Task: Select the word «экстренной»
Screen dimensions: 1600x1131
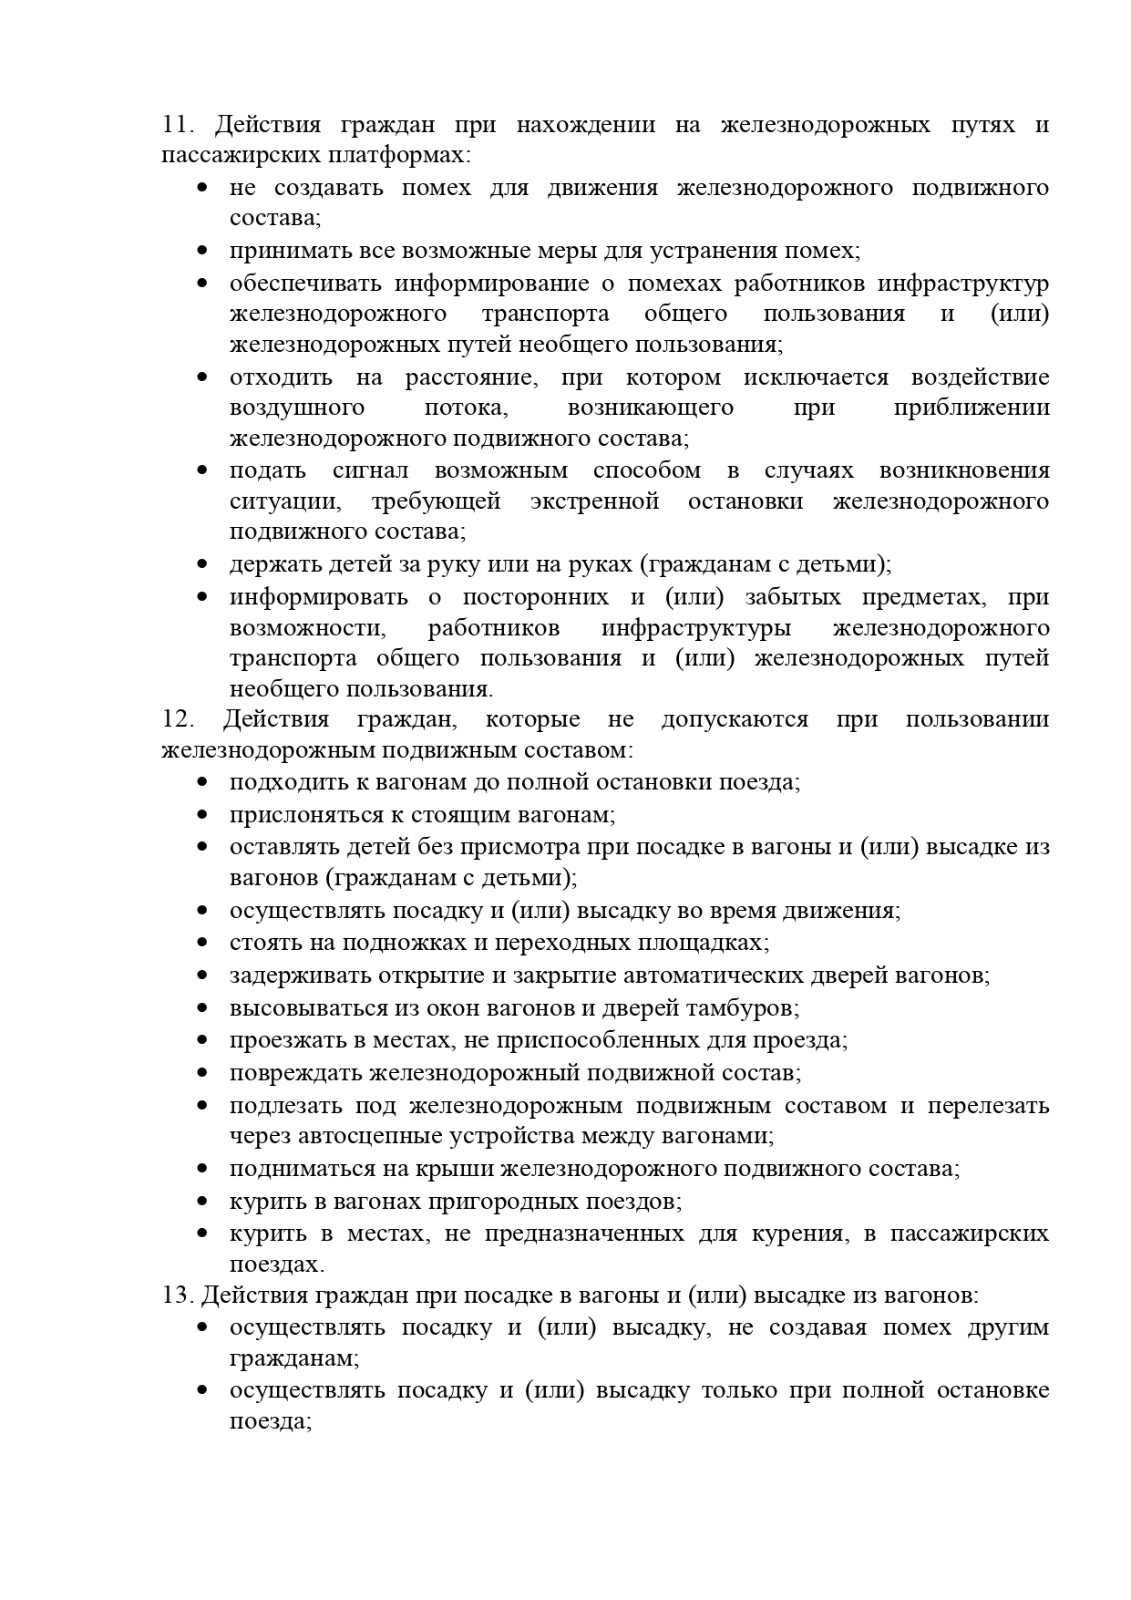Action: click(594, 501)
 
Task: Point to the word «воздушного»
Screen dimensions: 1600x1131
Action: click(297, 408)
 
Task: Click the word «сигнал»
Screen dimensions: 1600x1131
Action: click(370, 470)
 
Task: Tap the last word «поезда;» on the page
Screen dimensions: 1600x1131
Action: click(272, 1421)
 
